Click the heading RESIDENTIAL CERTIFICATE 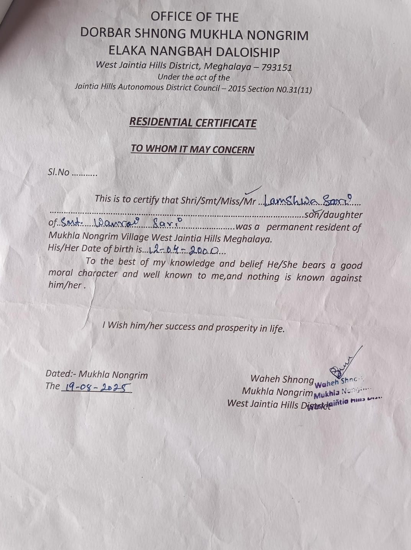tap(193, 123)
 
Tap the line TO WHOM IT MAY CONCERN tap(193, 149)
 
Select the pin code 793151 tap(277, 67)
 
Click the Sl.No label tap(59, 172)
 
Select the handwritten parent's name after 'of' tap(121, 223)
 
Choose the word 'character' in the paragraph tap(98, 274)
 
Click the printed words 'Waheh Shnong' tap(282, 379)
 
